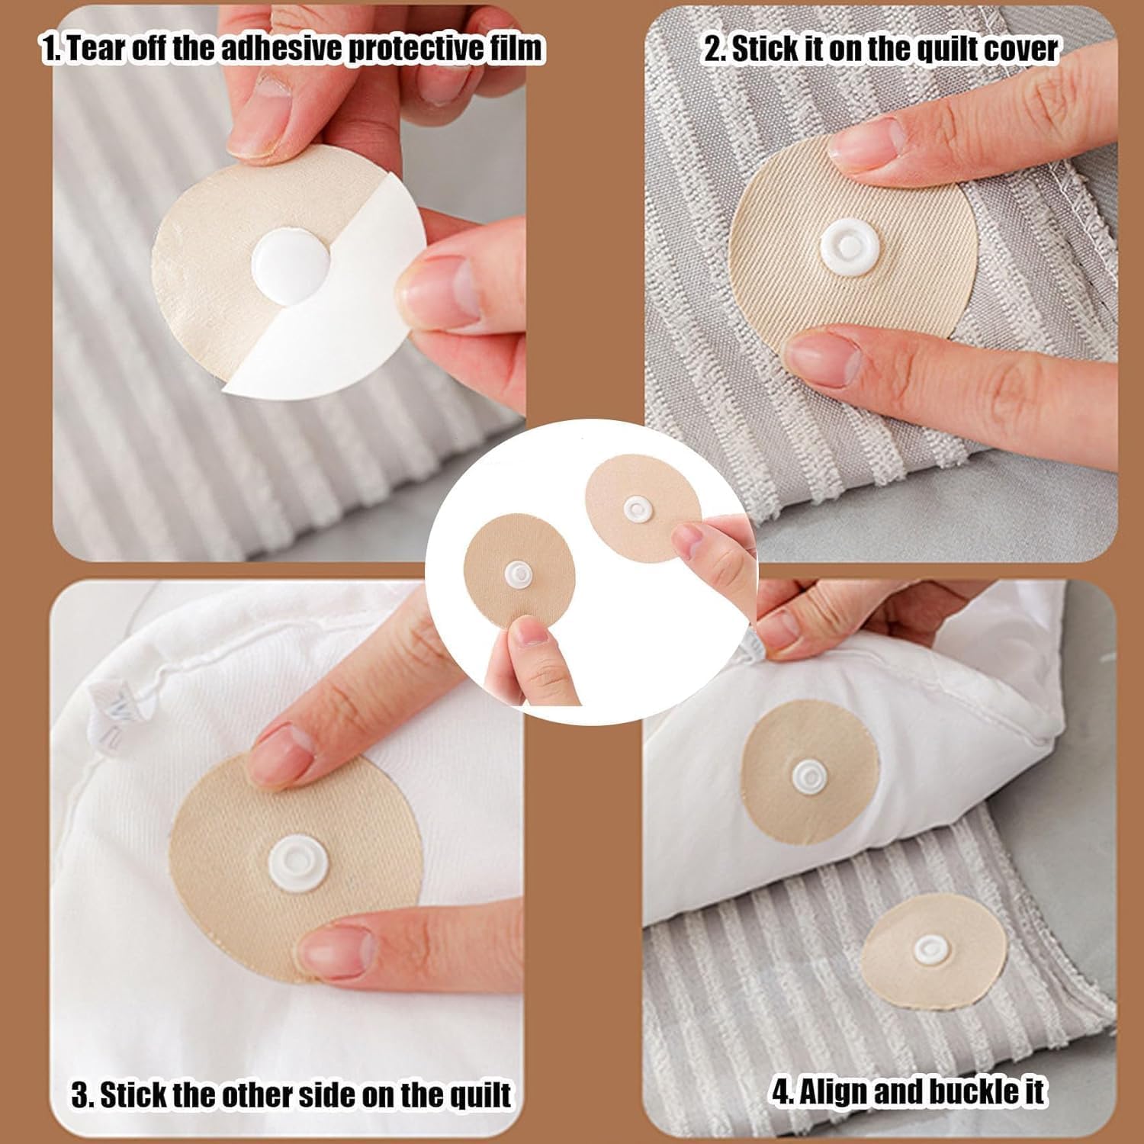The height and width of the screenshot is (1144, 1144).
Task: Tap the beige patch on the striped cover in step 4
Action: (934, 951)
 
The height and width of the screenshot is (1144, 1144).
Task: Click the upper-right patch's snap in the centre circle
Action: (636, 509)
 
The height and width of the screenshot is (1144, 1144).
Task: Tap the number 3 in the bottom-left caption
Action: (81, 1096)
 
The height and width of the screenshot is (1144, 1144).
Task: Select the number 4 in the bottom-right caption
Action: (780, 1092)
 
